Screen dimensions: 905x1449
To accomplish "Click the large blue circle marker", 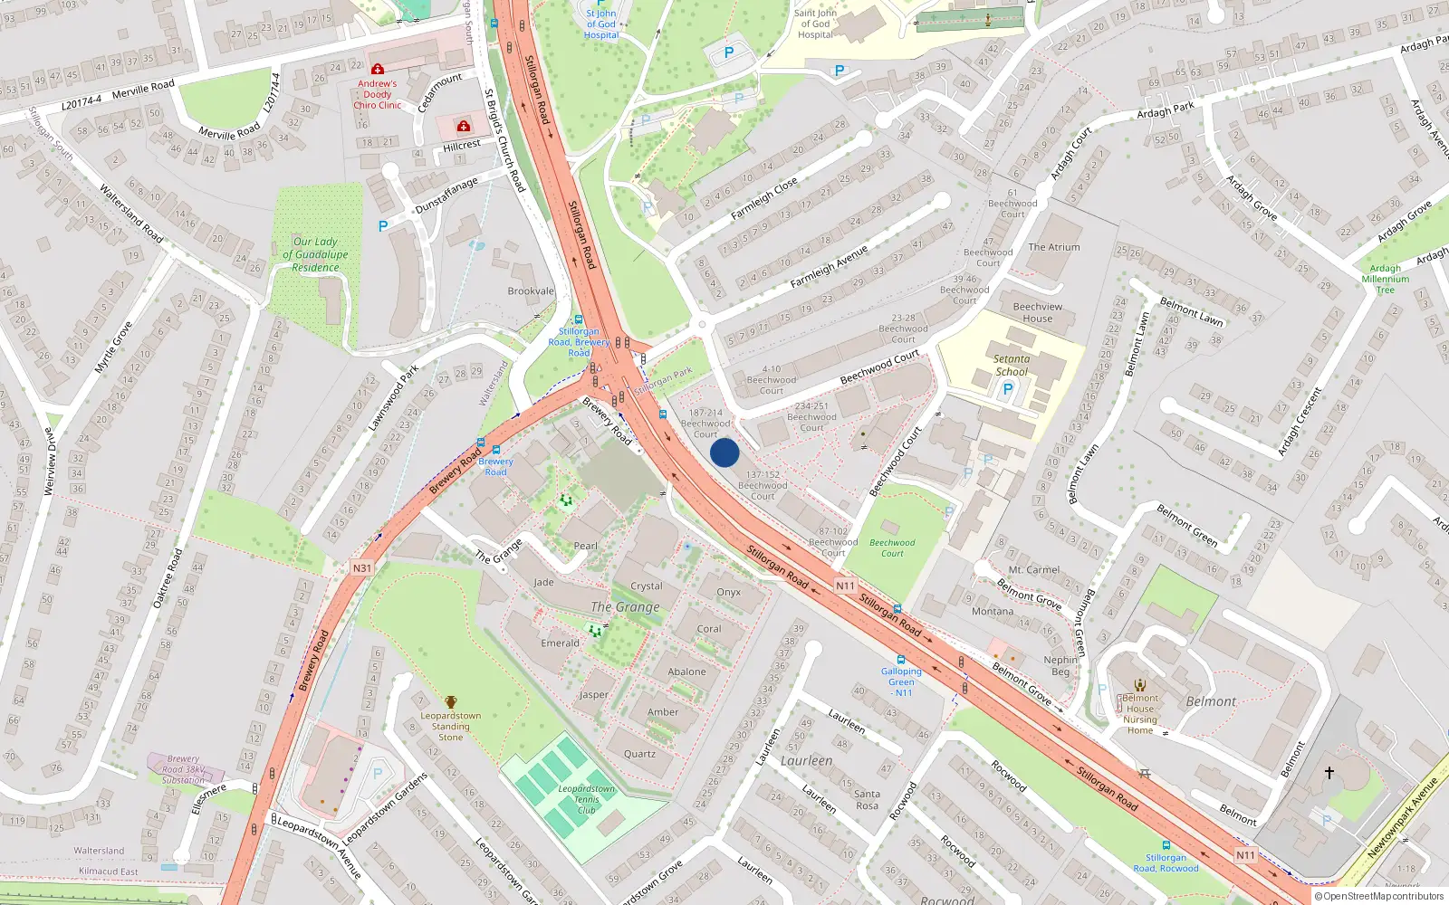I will [x=724, y=452].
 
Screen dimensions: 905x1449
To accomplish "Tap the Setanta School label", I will [x=1011, y=365].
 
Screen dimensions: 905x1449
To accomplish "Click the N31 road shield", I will [x=361, y=568].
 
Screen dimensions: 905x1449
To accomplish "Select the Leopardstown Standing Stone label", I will [x=450, y=726].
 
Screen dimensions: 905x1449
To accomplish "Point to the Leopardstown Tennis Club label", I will [x=586, y=798].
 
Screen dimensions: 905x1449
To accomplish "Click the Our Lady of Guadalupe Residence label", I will [x=315, y=254].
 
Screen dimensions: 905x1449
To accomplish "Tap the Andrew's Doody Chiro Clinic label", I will [x=377, y=94].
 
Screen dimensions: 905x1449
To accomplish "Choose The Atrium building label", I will [x=1053, y=247].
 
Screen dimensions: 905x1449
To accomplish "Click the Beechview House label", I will [x=1037, y=312].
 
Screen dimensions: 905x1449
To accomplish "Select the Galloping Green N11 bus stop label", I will [x=901, y=681].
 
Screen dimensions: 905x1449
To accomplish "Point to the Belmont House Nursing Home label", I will [x=1139, y=714].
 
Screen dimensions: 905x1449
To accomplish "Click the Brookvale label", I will [x=531, y=291].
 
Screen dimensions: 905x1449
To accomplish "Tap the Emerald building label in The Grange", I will [x=560, y=643].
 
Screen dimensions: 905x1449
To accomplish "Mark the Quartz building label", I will [x=639, y=754].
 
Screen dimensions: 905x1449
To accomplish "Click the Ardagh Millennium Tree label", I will [x=1385, y=279].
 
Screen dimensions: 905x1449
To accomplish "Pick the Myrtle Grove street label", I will [x=113, y=347].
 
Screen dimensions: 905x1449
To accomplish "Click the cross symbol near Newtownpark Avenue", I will [x=1329, y=773].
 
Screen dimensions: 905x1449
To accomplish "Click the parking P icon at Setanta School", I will [x=1007, y=390].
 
